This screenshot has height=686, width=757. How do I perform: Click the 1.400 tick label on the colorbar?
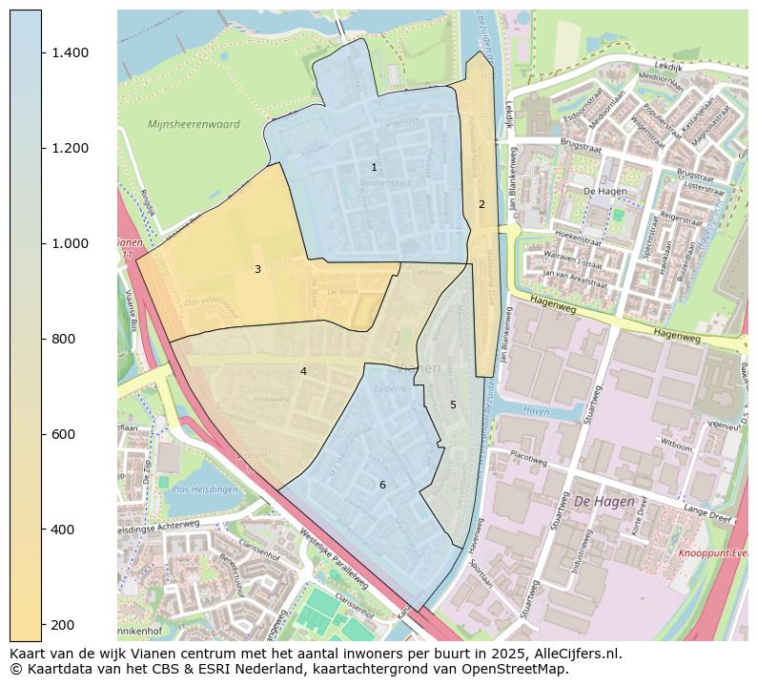coord(71,52)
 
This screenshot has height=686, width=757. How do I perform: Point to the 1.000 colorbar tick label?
coord(71,243)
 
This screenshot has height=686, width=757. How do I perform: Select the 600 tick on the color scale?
coord(65,434)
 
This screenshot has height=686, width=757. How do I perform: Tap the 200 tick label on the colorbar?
coord(65,625)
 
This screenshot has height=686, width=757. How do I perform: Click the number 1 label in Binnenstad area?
coord(374,167)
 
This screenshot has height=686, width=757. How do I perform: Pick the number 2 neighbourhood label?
coord(481,204)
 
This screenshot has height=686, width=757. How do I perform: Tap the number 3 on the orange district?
coord(257,270)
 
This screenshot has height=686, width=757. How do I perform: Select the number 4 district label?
coord(303,371)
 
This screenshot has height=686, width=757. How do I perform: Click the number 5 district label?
coord(453,405)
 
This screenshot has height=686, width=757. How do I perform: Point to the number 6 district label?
coord(382,485)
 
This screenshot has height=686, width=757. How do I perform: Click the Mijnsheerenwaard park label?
coord(194,125)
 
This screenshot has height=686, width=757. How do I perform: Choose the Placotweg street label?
coord(529,455)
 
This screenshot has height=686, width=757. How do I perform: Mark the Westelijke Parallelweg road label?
coord(334,557)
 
